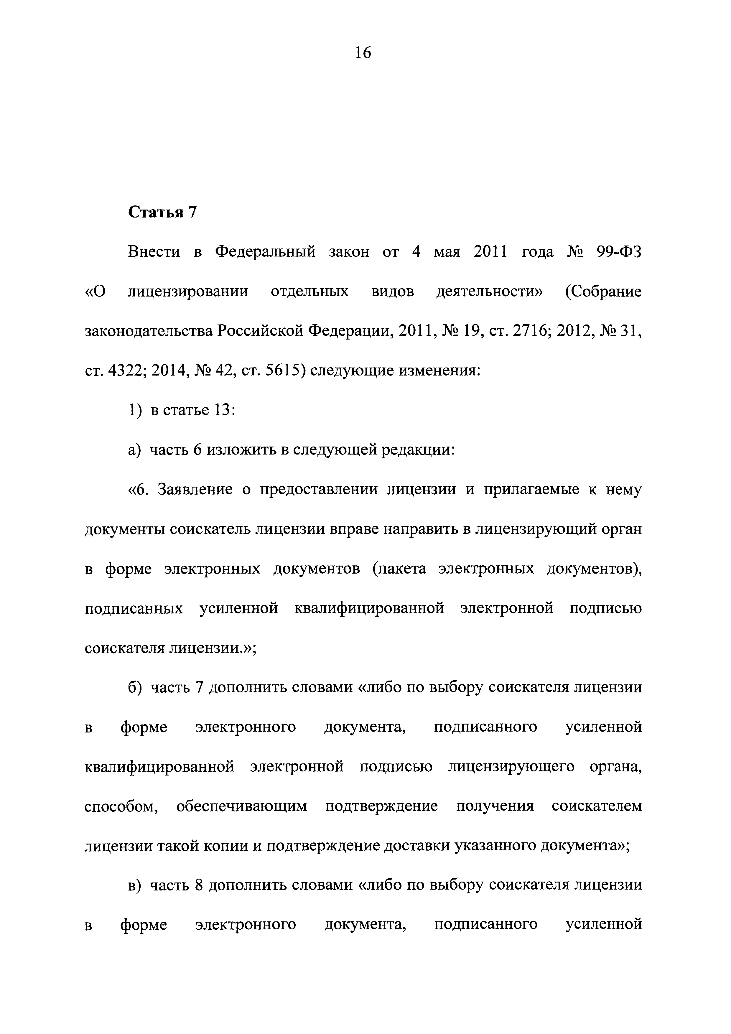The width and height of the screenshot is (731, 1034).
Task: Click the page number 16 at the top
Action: (363, 53)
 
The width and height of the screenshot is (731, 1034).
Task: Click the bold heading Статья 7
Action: (163, 212)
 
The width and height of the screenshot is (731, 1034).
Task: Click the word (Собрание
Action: (603, 292)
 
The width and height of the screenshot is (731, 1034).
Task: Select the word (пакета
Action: (399, 569)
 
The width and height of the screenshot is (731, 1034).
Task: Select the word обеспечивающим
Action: (242, 806)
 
